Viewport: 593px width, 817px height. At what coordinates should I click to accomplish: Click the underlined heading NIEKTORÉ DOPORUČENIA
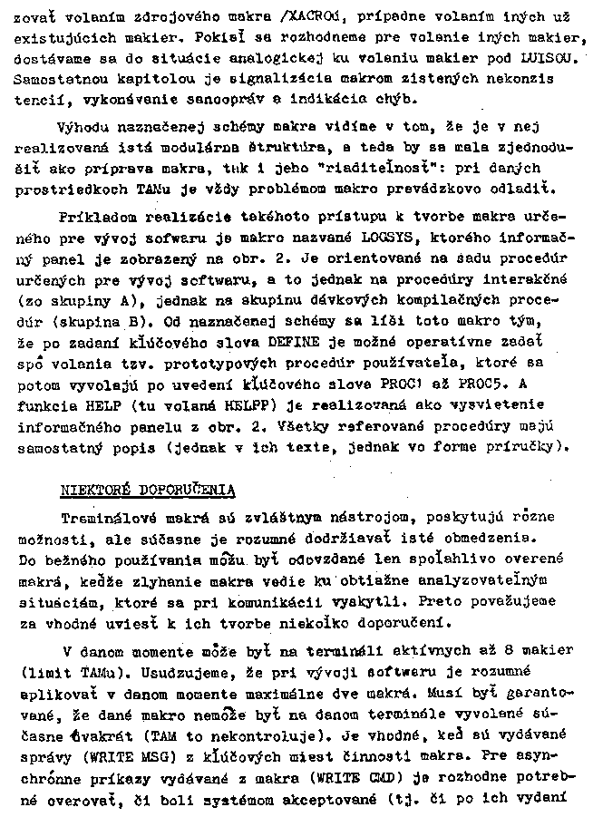[148, 491]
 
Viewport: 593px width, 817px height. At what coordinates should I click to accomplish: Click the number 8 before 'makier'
[514, 651]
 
